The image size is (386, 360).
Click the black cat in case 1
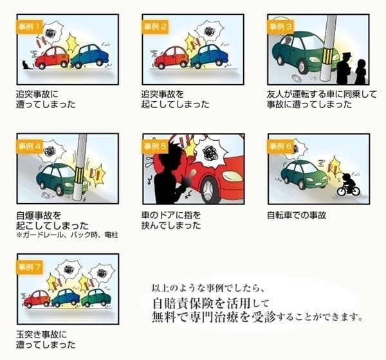(25, 65)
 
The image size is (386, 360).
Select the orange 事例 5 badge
(155, 147)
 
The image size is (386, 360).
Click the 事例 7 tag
(30, 267)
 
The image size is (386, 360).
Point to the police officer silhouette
(344, 69)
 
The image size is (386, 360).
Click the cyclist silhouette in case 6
(348, 184)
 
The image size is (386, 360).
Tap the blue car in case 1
(90, 57)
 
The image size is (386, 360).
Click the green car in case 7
(96, 298)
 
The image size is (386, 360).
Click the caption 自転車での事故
(297, 215)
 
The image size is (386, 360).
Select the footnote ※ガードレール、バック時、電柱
(67, 235)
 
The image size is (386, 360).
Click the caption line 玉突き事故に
(41, 334)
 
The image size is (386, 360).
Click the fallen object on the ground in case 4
(46, 195)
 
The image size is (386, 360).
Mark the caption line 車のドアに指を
(171, 215)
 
